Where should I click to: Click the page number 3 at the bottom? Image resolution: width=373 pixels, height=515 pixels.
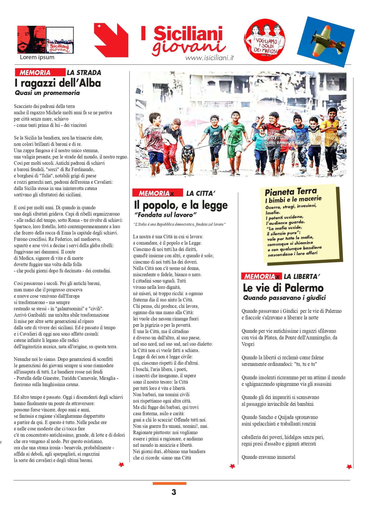(174, 492)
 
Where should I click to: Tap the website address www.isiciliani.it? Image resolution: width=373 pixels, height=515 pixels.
(209, 58)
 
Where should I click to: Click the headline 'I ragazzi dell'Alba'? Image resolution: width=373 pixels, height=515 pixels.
(58, 83)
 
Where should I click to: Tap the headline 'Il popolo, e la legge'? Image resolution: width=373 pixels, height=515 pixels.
(181, 205)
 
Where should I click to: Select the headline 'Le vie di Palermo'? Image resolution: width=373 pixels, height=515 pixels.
(283, 288)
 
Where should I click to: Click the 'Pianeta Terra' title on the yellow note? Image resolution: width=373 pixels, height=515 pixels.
(291, 192)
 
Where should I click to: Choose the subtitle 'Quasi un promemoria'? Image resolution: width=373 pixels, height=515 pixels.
(47, 93)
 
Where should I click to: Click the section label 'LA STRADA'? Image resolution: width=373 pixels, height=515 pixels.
(84, 73)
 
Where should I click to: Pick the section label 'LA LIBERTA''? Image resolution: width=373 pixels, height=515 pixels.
(302, 276)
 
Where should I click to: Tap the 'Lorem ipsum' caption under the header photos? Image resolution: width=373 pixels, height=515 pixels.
(37, 57)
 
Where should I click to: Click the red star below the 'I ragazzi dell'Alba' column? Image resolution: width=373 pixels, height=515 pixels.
(121, 464)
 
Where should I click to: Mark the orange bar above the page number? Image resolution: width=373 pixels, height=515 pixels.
(169, 483)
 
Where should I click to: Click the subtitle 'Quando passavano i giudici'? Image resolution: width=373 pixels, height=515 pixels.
(284, 298)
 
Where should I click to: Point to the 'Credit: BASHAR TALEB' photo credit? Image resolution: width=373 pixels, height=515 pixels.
(284, 143)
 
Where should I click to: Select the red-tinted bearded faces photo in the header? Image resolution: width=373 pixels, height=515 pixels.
(31, 39)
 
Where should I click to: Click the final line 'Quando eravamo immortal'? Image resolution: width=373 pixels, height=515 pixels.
(268, 457)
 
